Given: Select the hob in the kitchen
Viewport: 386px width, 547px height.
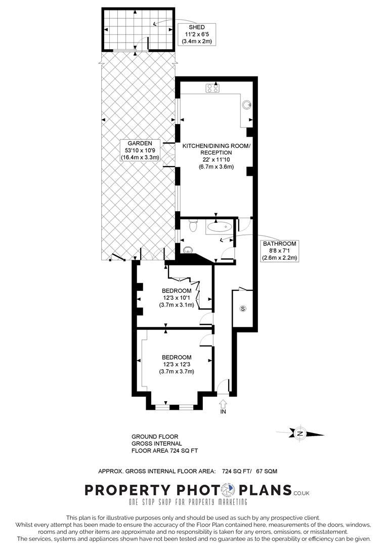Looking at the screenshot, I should [x=211, y=88].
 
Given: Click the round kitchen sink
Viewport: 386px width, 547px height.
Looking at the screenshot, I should [x=246, y=105].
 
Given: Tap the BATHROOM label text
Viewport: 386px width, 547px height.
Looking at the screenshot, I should [x=279, y=244].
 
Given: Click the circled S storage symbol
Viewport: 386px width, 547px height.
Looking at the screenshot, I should [x=242, y=308].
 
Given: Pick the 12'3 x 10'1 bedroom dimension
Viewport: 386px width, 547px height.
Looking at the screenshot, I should [x=177, y=298].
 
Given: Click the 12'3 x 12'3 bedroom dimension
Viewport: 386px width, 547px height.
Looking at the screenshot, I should [x=177, y=364].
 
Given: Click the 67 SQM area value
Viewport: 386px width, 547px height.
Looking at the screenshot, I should [x=266, y=471].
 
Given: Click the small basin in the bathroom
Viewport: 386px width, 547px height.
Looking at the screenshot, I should [x=189, y=249].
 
